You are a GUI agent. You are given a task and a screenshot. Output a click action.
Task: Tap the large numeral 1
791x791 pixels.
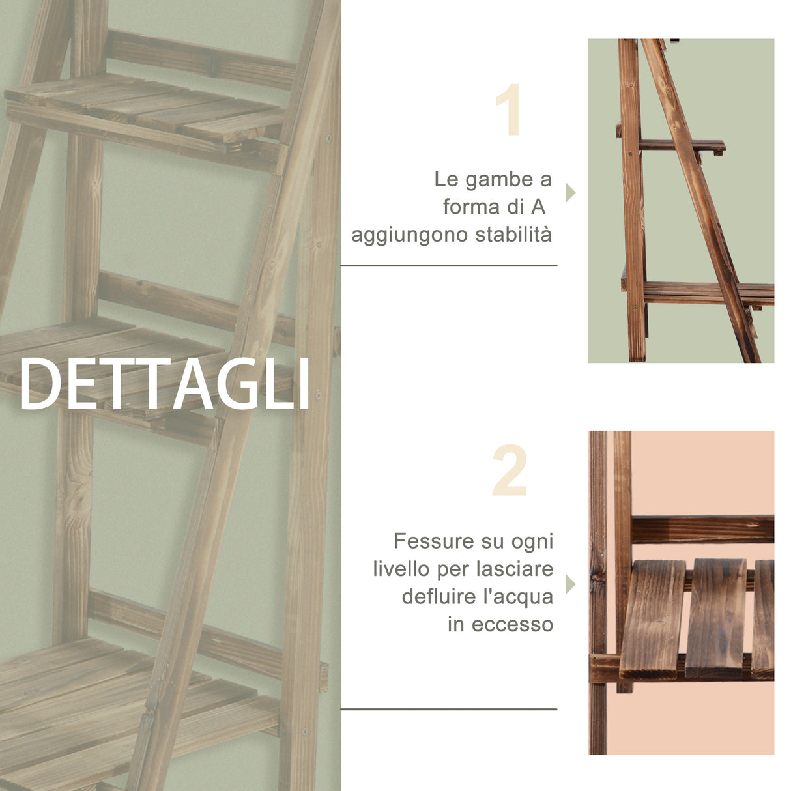(x=509, y=110)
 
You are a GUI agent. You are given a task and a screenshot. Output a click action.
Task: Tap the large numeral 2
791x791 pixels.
(x=510, y=472)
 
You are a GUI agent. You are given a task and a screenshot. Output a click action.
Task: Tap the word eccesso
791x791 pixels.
(x=512, y=624)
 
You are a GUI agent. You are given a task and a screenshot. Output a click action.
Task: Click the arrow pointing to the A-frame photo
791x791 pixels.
(x=570, y=193)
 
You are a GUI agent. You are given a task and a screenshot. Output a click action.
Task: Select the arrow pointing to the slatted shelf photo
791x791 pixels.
(x=570, y=584)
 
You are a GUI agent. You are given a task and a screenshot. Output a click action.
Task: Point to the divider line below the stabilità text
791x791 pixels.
(x=448, y=265)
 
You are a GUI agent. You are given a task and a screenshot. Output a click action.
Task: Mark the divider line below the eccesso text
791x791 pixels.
(x=448, y=709)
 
